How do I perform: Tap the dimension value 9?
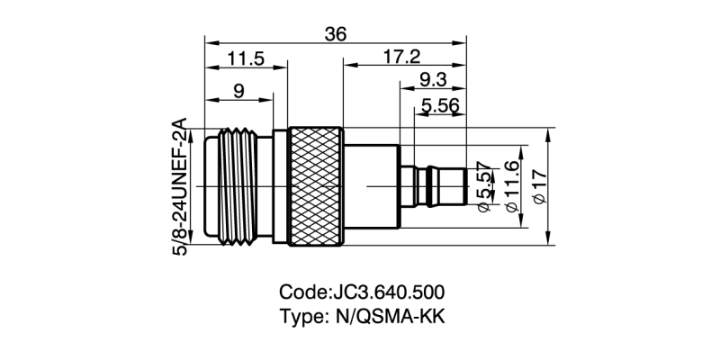click(x=238, y=90)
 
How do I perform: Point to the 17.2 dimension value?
click(x=401, y=58)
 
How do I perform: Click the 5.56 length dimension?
click(x=440, y=106)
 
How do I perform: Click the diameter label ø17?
click(x=540, y=186)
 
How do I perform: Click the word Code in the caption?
click(x=304, y=293)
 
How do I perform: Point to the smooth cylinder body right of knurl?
click(x=372, y=185)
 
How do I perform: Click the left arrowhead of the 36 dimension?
click(x=209, y=41)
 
